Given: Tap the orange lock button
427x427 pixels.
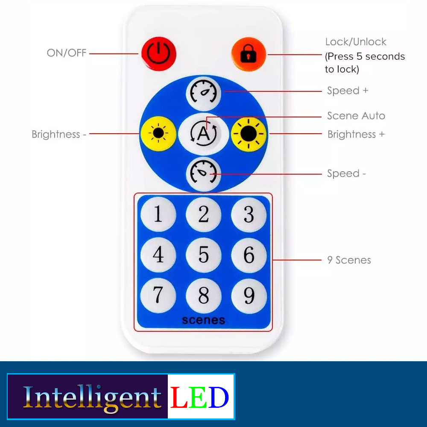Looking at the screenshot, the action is pyautogui.click(x=249, y=54).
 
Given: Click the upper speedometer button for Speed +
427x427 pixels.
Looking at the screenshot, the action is pyautogui.click(x=203, y=92).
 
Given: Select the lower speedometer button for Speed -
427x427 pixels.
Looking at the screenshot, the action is pyautogui.click(x=203, y=173).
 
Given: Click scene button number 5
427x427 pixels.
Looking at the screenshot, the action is pyautogui.click(x=203, y=255).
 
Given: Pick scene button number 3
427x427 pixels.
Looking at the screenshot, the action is pyautogui.click(x=249, y=214).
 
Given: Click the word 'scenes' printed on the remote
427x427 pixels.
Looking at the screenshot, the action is pyautogui.click(x=203, y=320).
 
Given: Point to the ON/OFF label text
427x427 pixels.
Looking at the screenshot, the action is pyautogui.click(x=67, y=53).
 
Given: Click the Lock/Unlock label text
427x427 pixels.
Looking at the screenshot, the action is pyautogui.click(x=356, y=42).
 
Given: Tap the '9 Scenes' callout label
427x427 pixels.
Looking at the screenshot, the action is pyautogui.click(x=349, y=260).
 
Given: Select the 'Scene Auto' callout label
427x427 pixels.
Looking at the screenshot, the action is pyautogui.click(x=356, y=116).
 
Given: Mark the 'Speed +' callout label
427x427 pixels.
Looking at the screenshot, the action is pyautogui.click(x=347, y=91).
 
